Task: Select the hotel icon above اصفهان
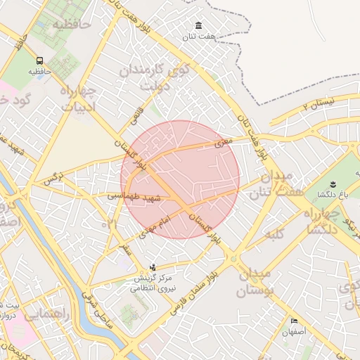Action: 294,321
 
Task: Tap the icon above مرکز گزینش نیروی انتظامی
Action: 153,266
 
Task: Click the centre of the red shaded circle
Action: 180,179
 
